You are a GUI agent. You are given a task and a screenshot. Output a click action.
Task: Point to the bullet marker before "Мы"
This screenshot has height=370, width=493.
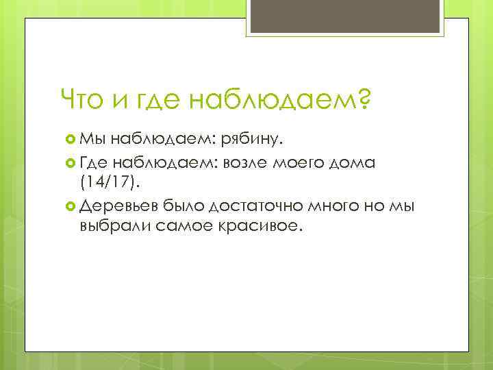pos(70,140)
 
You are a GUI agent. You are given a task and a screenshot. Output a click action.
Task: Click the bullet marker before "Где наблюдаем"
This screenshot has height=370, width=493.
pos(70,162)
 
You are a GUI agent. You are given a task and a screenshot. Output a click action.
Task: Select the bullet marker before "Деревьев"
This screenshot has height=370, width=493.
pos(70,205)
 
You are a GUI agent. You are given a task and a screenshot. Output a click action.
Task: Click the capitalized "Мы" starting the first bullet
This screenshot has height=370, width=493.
pos(90,140)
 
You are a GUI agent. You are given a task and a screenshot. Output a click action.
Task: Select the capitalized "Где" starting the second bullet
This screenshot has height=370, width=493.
pos(93,162)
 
